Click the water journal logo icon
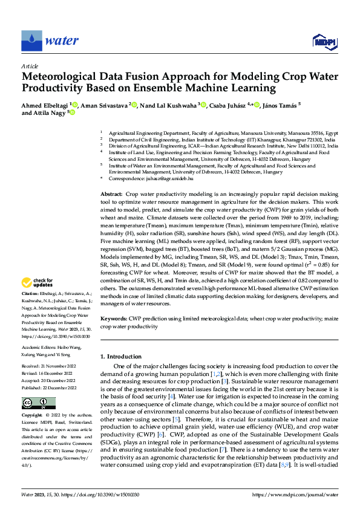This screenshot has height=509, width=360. [x=31, y=41]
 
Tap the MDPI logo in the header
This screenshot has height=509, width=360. [x=323, y=41]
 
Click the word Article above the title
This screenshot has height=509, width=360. [x=30, y=66]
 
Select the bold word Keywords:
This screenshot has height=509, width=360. [x=114, y=318]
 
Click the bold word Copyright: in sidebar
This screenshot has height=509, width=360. [x=32, y=417]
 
